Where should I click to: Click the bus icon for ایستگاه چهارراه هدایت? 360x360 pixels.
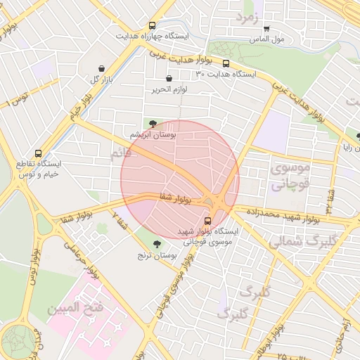point(152,26)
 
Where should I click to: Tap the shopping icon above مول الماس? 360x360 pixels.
point(266,29)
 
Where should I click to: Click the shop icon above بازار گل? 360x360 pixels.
point(103,69)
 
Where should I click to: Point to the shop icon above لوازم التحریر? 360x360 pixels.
point(168,79)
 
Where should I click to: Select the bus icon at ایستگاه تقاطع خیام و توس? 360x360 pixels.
point(38,154)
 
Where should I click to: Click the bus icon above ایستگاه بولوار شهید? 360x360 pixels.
point(216,220)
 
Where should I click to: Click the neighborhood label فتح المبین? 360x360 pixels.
point(76,309)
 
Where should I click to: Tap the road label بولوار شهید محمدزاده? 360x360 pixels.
point(274,212)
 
